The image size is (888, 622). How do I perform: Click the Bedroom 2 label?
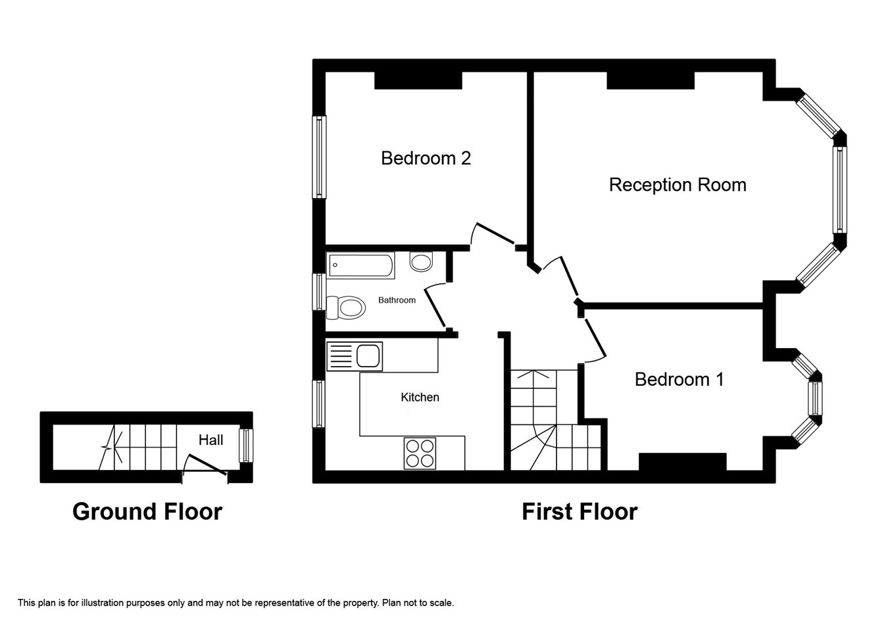click(426, 158)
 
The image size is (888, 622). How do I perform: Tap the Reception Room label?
click(678, 185)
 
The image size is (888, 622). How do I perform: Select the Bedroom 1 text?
click(679, 380)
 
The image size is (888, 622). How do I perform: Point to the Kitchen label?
click(420, 397)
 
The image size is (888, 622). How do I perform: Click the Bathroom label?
click(397, 300)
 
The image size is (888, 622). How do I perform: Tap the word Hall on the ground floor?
click(210, 440)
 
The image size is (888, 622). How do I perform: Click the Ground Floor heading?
click(147, 511)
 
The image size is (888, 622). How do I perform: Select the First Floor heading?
click(580, 511)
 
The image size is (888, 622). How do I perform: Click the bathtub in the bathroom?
click(360, 265)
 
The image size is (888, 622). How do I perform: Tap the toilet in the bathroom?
click(346, 307)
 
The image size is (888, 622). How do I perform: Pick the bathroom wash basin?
click(421, 261)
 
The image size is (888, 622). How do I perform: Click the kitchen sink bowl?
click(368, 355)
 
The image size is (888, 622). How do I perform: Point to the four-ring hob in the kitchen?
click(420, 454)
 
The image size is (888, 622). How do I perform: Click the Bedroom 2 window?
click(319, 157)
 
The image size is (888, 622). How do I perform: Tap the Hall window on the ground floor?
click(246, 446)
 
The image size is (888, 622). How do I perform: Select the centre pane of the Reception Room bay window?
click(839, 190)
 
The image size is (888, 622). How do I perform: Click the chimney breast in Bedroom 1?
click(682, 462)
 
